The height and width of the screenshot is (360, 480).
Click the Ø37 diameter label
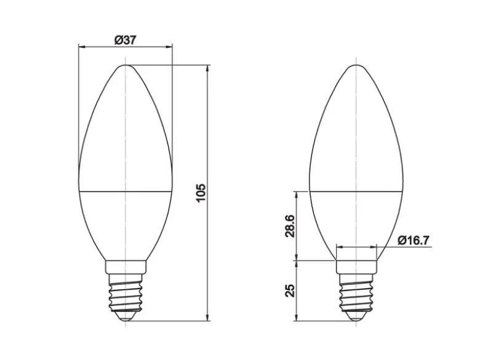[125, 40]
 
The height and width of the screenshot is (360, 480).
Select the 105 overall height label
[201, 193]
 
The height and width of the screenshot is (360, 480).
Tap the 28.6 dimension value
[289, 226]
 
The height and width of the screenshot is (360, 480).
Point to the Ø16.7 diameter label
[414, 240]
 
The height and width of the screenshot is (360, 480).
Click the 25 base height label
[289, 291]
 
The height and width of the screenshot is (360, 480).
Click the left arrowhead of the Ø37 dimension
[82, 47]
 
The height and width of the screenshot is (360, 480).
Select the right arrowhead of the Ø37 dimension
[169, 47]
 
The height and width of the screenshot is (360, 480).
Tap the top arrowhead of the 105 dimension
[208, 68]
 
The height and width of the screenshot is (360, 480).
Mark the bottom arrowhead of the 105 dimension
[208, 317]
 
